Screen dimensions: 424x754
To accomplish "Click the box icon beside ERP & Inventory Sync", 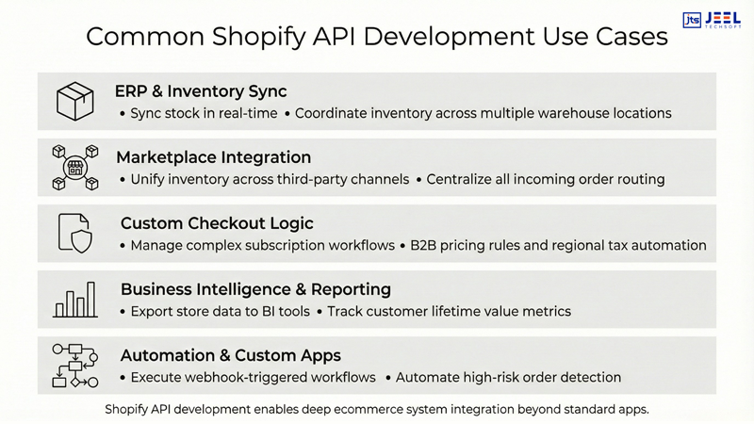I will (x=75, y=102).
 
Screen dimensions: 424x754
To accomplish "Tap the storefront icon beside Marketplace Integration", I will (x=75, y=168).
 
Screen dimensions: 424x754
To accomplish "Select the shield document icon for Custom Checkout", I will (x=75, y=233).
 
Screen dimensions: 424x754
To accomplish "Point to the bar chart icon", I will (x=75, y=300).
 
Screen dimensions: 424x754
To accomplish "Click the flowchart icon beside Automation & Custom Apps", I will (x=75, y=366).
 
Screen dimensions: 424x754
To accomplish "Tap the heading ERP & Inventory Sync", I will (x=201, y=91).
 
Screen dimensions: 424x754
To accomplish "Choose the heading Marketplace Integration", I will (x=213, y=157).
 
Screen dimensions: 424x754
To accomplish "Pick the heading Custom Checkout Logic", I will (x=217, y=223).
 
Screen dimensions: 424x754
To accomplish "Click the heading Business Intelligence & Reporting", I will (x=255, y=289).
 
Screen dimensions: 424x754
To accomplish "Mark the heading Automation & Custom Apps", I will (x=231, y=355).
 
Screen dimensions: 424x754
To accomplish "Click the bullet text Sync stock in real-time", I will (x=204, y=113).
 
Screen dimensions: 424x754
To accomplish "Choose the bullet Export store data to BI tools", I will (x=220, y=311).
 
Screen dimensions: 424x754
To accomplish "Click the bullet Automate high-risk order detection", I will (x=508, y=377).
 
